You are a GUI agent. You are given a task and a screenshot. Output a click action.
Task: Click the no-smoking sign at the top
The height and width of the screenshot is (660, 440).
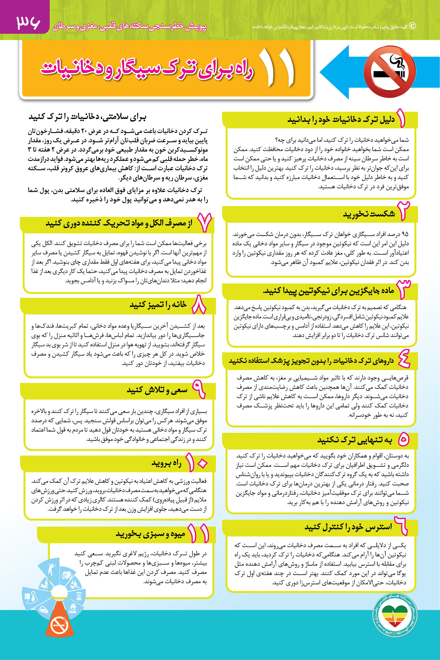[390, 72]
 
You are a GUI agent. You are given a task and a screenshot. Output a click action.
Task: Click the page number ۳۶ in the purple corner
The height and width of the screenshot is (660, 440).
[28, 22]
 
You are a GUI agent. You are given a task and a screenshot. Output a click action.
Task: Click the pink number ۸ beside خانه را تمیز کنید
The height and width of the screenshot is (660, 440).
[199, 305]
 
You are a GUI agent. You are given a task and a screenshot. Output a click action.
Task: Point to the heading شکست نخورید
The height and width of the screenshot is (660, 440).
[369, 214]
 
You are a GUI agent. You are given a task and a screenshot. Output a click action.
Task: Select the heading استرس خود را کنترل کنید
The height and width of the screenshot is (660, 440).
[348, 527]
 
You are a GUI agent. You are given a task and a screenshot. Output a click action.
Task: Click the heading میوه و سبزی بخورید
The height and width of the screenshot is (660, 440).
[150, 534]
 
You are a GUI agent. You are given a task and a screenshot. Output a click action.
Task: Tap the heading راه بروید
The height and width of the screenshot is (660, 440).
[166, 463]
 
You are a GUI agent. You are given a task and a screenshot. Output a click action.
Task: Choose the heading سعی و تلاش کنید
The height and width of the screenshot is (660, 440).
[157, 390]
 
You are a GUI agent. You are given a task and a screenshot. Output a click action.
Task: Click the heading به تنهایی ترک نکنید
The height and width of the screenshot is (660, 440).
[355, 440]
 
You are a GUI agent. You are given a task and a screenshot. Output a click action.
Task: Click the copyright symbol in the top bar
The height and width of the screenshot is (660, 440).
[412, 26]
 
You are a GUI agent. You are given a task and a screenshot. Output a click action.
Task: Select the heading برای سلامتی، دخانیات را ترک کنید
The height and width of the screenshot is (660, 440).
[87, 117]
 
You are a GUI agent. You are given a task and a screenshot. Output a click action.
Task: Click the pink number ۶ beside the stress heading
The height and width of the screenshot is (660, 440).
[401, 526]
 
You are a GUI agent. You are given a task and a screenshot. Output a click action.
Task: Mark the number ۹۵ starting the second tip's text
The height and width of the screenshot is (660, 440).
[405, 234]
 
